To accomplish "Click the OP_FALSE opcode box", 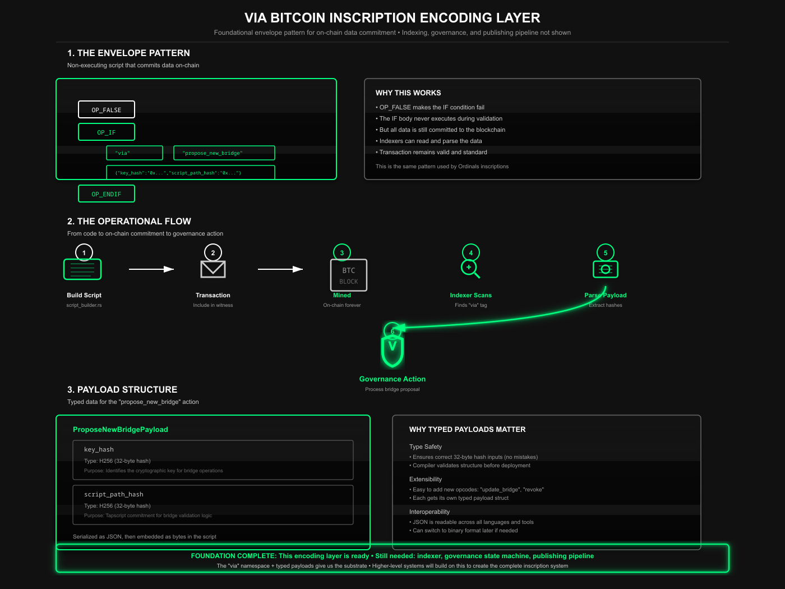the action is (107, 109).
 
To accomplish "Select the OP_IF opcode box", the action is (107, 132).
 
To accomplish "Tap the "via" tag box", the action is (135, 153).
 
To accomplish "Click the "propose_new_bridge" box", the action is (224, 153).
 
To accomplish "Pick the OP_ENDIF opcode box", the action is (107, 194).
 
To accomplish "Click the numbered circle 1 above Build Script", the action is (84, 252).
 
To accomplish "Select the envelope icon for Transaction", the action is (213, 269).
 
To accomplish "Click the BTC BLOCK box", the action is (349, 275).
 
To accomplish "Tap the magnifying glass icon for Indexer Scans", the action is (470, 269).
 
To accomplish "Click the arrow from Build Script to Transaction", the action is (151, 269).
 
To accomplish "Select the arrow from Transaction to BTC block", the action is (280, 269).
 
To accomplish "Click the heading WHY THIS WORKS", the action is (408, 93).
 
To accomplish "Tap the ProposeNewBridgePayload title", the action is (121, 430).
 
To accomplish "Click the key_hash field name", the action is (99, 449).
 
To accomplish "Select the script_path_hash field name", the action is (114, 494).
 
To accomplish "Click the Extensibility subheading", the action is (426, 479).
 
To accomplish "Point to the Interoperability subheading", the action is (430, 512).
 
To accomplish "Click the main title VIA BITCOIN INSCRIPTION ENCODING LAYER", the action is (392, 18).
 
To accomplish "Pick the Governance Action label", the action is (392, 379).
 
